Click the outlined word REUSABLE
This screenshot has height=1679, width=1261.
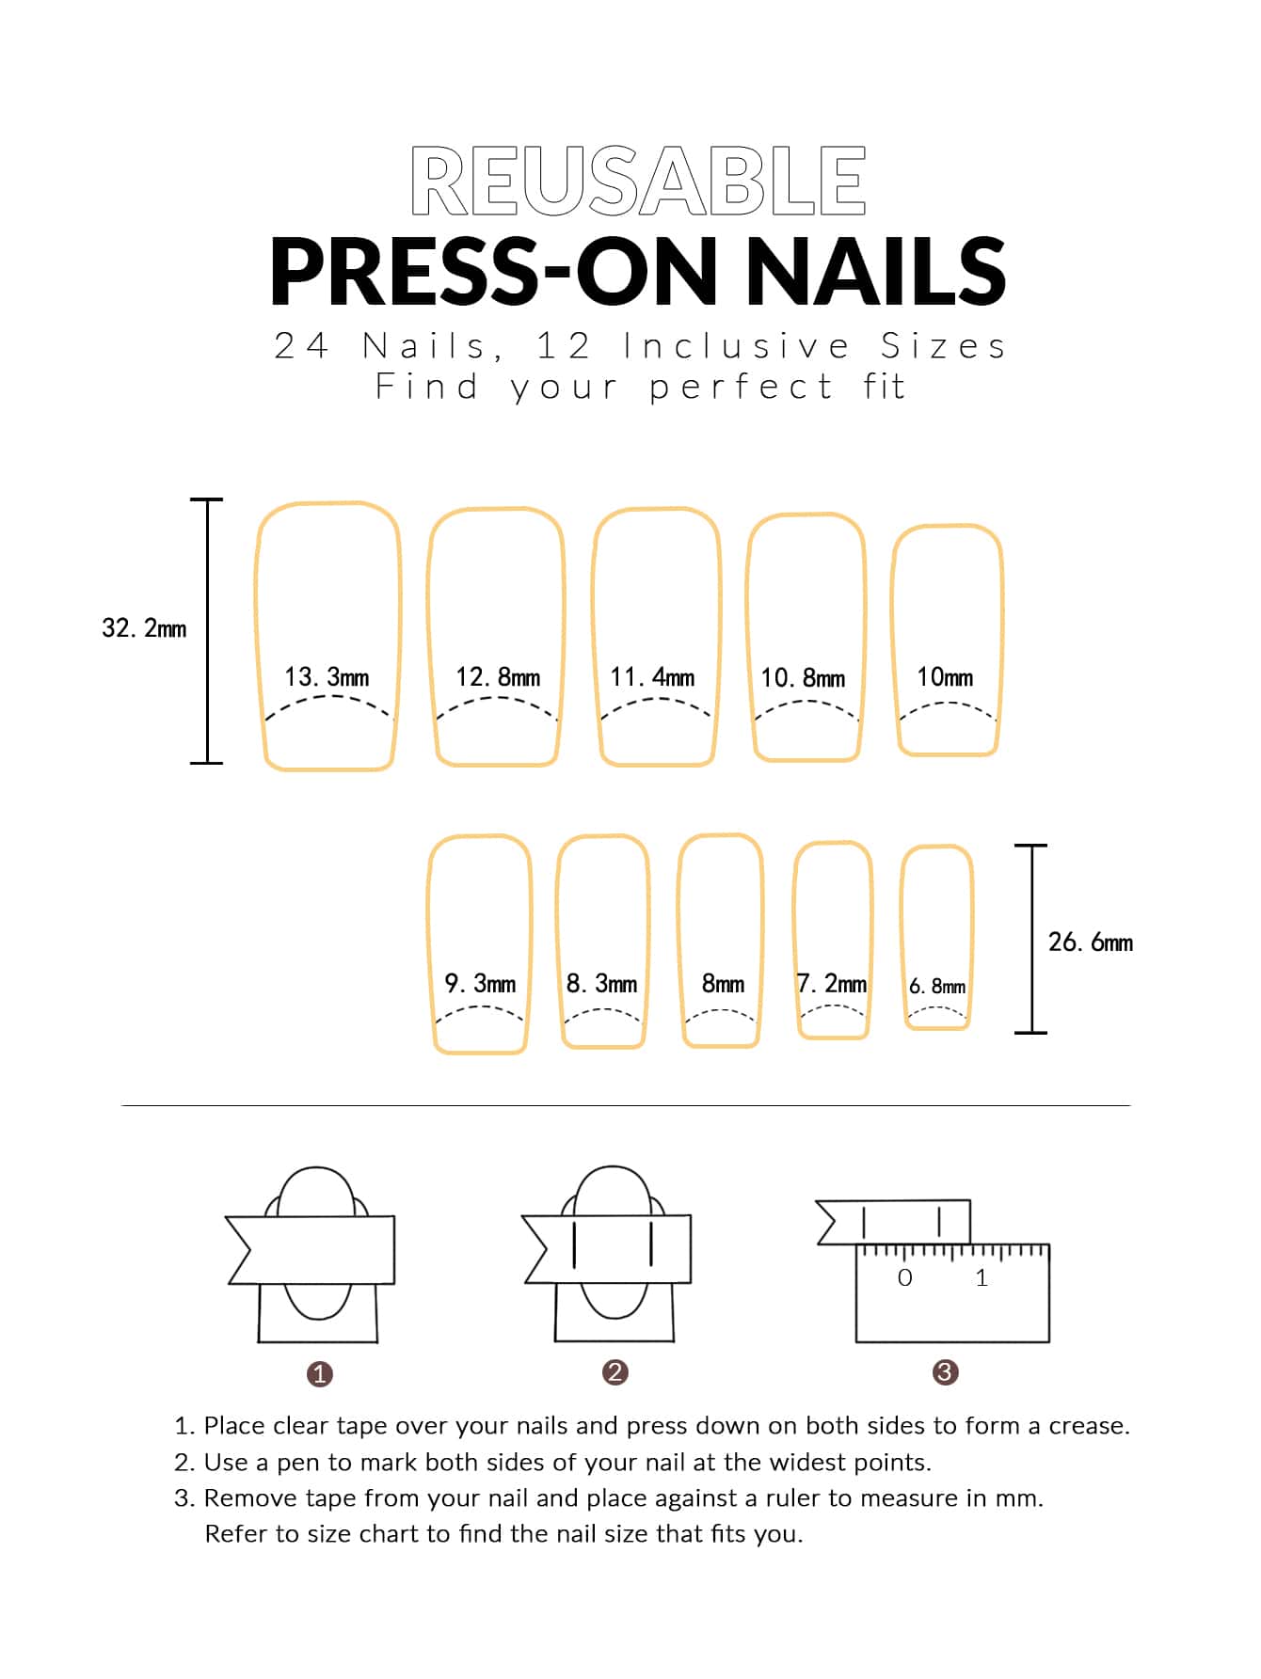pyautogui.click(x=638, y=180)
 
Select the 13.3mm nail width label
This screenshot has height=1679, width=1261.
pyautogui.click(x=327, y=677)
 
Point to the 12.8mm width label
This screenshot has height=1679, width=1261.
pyautogui.click(x=498, y=677)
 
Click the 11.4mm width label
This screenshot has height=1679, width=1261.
pyautogui.click(x=652, y=677)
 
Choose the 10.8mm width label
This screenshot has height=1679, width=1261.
pyautogui.click(x=803, y=678)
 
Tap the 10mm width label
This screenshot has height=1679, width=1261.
pyautogui.click(x=945, y=677)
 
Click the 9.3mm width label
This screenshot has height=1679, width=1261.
pyautogui.click(x=480, y=984)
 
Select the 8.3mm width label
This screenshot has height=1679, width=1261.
pyautogui.click(x=601, y=984)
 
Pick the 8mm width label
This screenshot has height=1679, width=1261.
pyautogui.click(x=723, y=984)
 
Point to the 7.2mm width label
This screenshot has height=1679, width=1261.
pyautogui.click(x=832, y=984)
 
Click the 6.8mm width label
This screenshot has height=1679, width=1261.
pyautogui.click(x=937, y=987)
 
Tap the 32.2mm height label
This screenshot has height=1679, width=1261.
pyautogui.click(x=144, y=628)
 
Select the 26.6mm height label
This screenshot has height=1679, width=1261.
pyautogui.click(x=1091, y=942)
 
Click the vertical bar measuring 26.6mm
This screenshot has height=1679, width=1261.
pyautogui.click(x=1031, y=939)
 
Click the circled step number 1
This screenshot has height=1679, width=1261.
pyautogui.click(x=320, y=1374)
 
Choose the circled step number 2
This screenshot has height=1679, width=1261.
pyautogui.click(x=615, y=1372)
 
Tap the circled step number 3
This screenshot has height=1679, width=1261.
pyautogui.click(x=945, y=1372)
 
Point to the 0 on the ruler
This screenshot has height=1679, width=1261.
pyautogui.click(x=905, y=1277)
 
